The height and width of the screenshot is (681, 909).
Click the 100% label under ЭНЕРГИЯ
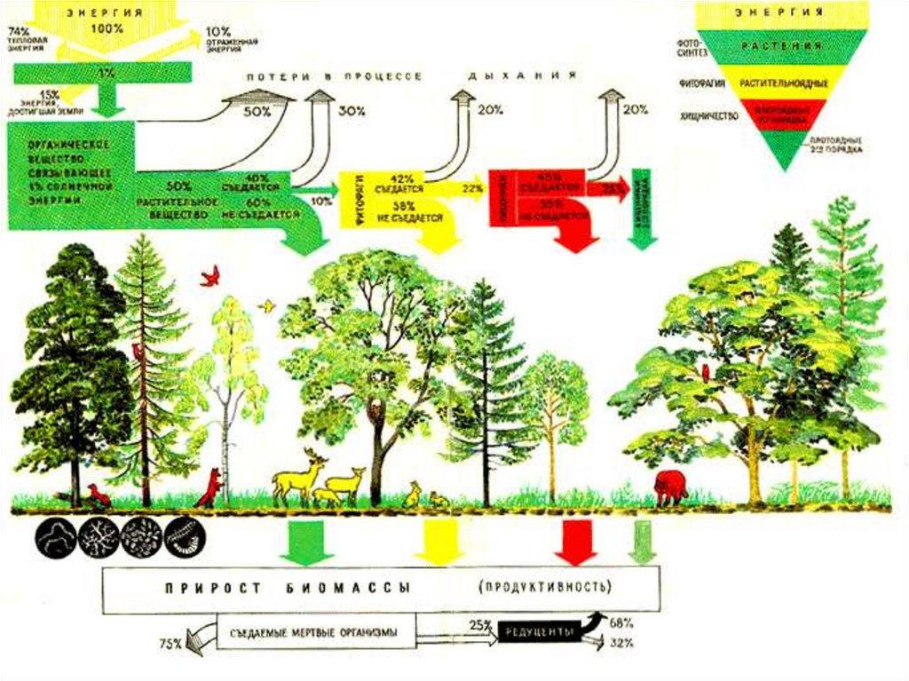(x=106, y=28)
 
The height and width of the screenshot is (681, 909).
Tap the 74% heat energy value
(x=19, y=31)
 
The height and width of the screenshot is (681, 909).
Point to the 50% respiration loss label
(x=257, y=112)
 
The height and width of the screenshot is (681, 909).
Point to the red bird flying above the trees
(x=210, y=276)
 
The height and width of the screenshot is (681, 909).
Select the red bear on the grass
(x=670, y=487)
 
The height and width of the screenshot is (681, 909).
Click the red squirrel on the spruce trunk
(x=138, y=352)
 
